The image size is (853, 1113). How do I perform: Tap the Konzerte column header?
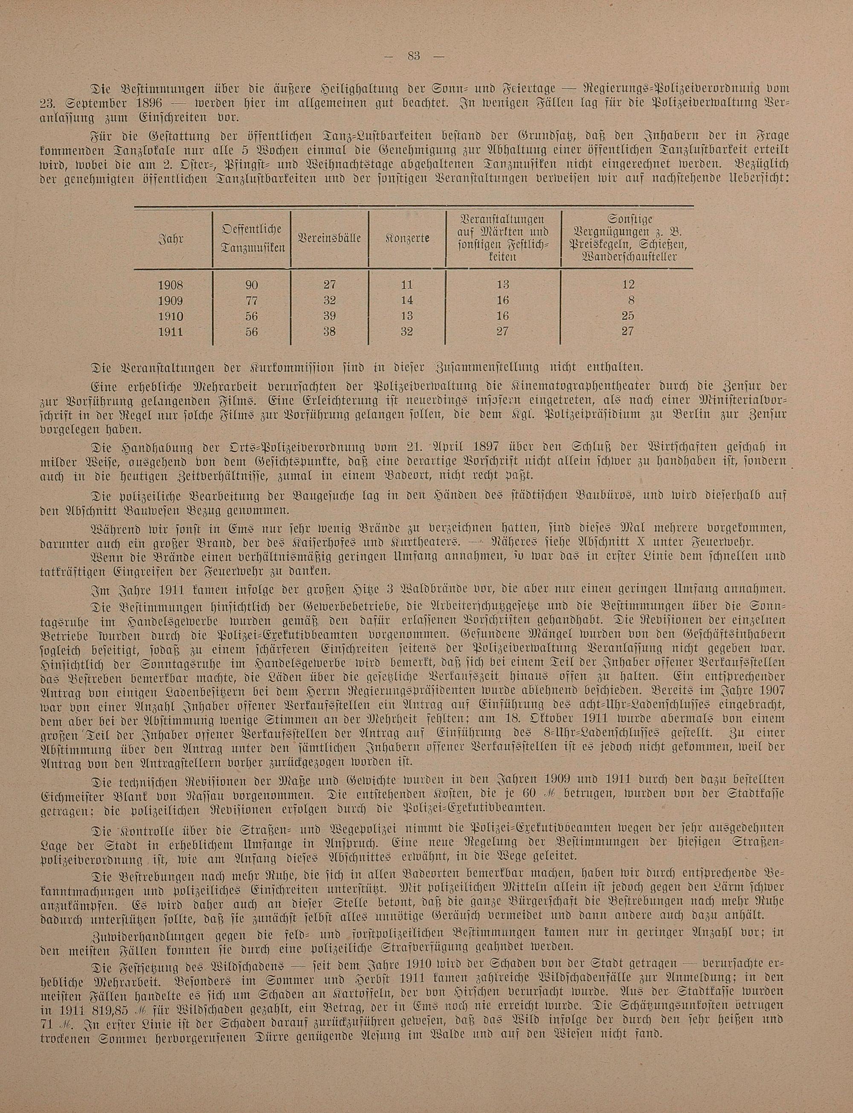[x=407, y=238]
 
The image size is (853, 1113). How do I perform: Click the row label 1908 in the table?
[x=171, y=285]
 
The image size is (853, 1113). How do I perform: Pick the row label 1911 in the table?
[x=171, y=332]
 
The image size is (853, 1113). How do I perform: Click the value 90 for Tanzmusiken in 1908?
[x=251, y=285]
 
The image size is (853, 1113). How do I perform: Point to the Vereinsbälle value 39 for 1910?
[x=330, y=316]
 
